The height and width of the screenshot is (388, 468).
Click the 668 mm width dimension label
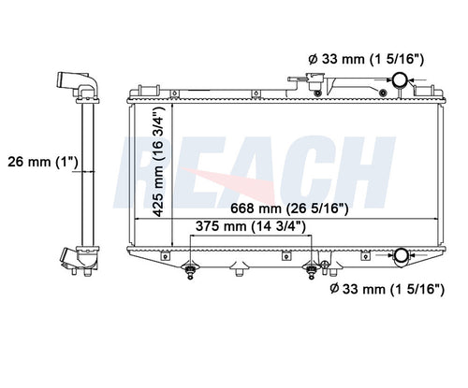click(x=289, y=208)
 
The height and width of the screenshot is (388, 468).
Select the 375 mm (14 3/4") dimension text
click(x=251, y=226)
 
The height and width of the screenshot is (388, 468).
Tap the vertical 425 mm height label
click(x=158, y=162)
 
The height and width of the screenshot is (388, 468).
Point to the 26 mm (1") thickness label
click(x=42, y=162)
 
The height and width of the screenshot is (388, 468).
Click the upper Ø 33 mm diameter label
click(x=366, y=59)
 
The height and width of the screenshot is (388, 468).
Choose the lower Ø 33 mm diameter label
click(x=387, y=289)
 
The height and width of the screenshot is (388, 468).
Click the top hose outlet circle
click(x=400, y=79)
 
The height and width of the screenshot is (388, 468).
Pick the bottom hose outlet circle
click(x=402, y=255)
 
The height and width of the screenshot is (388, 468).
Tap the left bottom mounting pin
click(x=190, y=271)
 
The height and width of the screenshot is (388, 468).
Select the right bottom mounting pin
click(x=311, y=271)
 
